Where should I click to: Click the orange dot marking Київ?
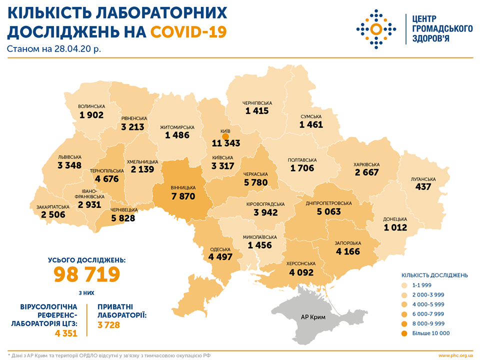(225, 135)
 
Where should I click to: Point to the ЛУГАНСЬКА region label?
(422, 179)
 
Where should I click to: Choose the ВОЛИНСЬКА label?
(91, 106)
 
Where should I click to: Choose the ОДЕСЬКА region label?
(220, 249)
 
